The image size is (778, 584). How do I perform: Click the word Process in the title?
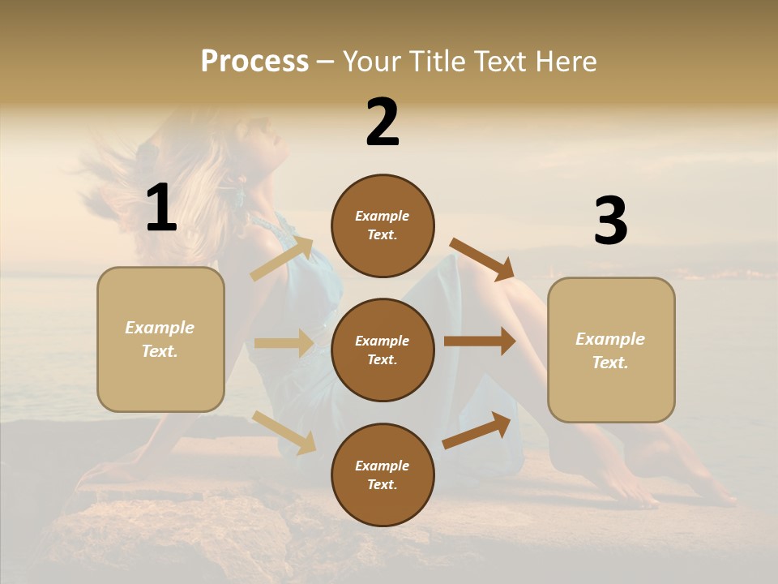click(x=254, y=62)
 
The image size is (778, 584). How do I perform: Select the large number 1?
click(x=161, y=208)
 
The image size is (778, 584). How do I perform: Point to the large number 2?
click(x=383, y=122)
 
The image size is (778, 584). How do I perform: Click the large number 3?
click(x=610, y=221)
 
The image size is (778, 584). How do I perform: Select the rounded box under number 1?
click(x=160, y=339)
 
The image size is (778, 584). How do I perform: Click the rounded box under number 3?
click(x=611, y=350)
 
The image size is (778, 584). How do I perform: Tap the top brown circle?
click(x=383, y=225)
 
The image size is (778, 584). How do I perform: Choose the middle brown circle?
click(x=383, y=350)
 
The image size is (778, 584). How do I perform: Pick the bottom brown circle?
click(x=383, y=474)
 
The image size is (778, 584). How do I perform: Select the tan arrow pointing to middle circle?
click(x=284, y=343)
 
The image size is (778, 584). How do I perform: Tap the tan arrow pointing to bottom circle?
click(x=284, y=432)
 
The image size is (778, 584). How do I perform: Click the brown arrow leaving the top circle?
click(x=482, y=260)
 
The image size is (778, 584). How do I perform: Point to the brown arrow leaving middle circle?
click(x=480, y=341)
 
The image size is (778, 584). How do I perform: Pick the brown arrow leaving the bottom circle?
click(x=477, y=430)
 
